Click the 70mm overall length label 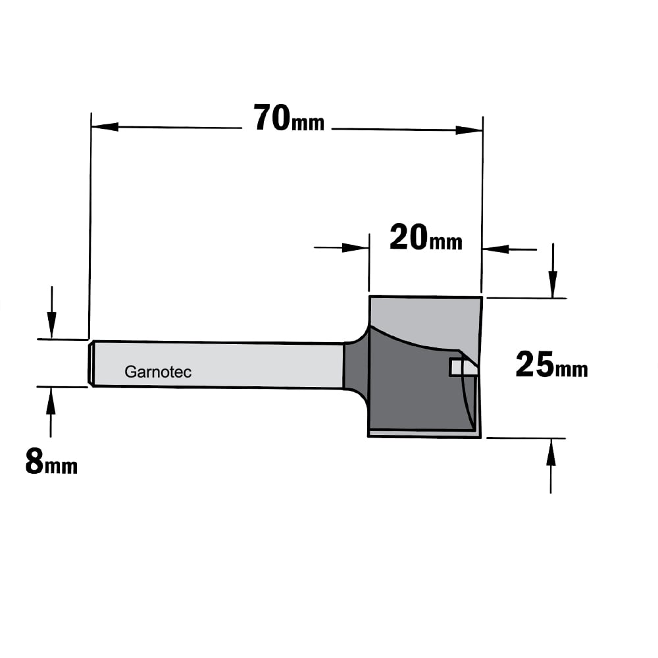pyautogui.click(x=289, y=118)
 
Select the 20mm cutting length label pyautogui.click(x=426, y=238)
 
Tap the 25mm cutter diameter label pyautogui.click(x=551, y=365)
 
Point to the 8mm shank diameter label pyautogui.click(x=51, y=462)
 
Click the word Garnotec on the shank pyautogui.click(x=158, y=372)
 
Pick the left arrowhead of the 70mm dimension pyautogui.click(x=105, y=126)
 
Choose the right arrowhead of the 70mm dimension pyautogui.click(x=468, y=130)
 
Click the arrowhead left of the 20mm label pyautogui.click(x=355, y=247)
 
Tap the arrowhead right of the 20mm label pyautogui.click(x=496, y=249)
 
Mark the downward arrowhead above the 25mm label pyautogui.click(x=553, y=284)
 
